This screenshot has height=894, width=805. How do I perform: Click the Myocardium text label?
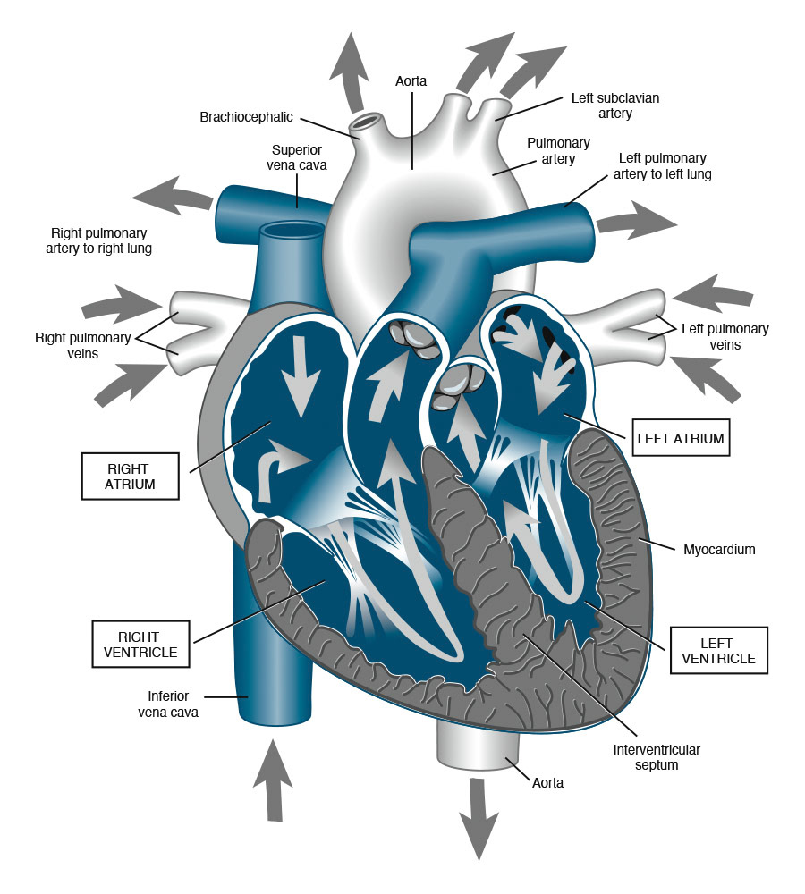tap(719, 550)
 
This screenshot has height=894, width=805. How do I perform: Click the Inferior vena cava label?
tap(167, 704)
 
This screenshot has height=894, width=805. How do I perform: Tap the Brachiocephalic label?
tap(246, 117)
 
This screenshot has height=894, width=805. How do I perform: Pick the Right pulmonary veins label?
tap(82, 345)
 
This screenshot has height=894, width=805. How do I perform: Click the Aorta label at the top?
tap(411, 81)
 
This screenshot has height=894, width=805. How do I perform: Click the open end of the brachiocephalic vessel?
tap(365, 120)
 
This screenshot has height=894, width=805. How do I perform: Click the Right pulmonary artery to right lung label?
tap(98, 240)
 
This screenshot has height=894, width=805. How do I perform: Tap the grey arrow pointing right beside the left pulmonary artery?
tap(636, 220)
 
